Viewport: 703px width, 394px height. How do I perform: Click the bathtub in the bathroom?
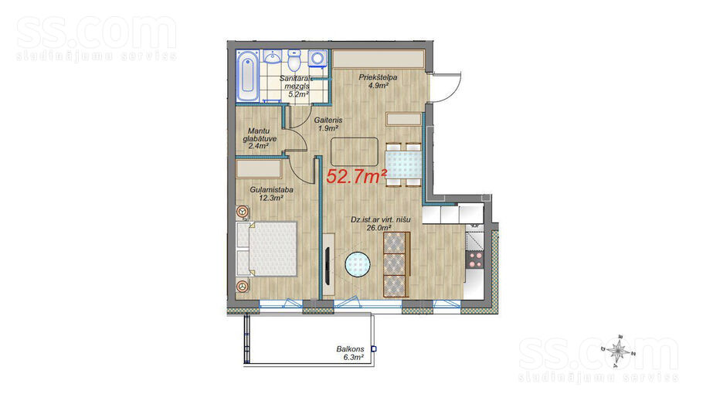247,76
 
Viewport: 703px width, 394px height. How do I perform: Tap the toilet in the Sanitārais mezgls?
294,61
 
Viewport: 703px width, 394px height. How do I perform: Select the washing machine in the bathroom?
318,59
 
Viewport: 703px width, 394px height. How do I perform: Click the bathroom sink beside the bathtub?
272,57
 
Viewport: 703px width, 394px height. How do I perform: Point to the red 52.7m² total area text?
356,177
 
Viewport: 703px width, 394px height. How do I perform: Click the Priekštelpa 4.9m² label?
378,81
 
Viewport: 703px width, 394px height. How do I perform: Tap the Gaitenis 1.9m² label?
328,124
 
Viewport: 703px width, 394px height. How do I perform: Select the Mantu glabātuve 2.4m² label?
260,138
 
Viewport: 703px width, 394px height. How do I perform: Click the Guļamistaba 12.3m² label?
271,194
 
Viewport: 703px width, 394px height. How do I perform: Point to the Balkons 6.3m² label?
350,353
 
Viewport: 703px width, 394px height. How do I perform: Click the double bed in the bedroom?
267,248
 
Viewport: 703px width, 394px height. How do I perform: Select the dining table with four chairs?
403,165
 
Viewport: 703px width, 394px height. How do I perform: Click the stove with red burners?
475,260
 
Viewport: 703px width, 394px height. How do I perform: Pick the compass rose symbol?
619,348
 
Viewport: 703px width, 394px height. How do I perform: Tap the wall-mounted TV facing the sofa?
328,265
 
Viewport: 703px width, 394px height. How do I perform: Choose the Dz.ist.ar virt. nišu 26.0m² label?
380,224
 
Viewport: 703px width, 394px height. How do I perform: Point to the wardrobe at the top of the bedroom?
259,169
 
